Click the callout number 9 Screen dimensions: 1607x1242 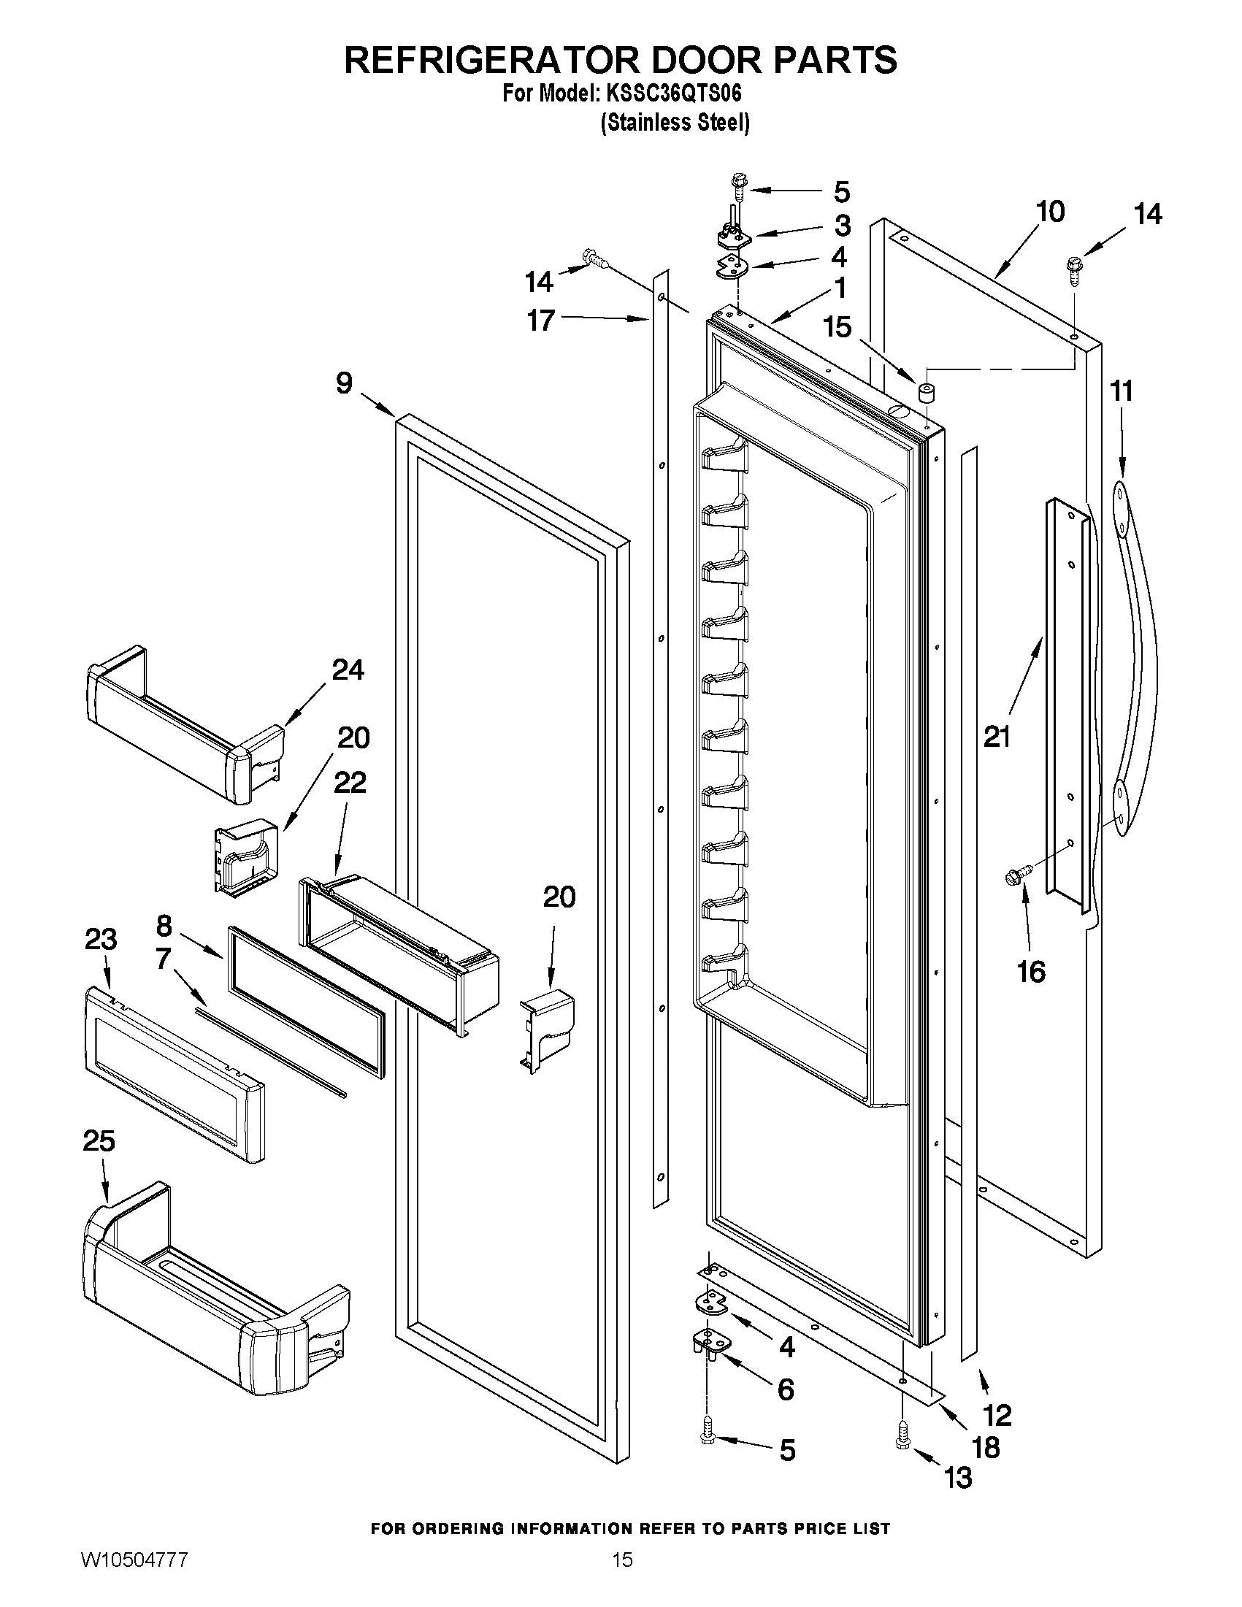(x=345, y=383)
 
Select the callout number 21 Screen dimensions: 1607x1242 (x=997, y=737)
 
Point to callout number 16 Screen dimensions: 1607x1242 (x=1030, y=971)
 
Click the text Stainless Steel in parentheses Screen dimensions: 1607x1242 (x=675, y=122)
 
